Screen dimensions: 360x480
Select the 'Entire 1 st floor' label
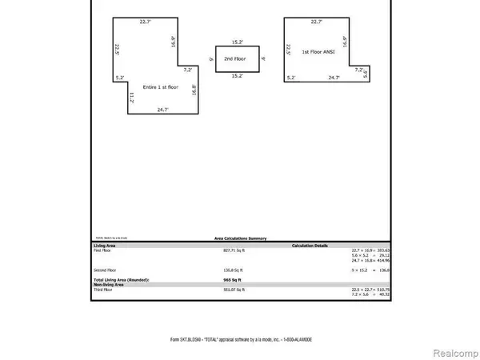click(162, 86)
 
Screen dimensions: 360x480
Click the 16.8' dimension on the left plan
click(194, 90)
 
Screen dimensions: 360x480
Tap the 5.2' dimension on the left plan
click(120, 78)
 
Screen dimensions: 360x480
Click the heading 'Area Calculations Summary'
click(240, 238)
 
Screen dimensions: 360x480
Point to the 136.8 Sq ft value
click(234, 270)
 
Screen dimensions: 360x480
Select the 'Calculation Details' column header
click(311, 245)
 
